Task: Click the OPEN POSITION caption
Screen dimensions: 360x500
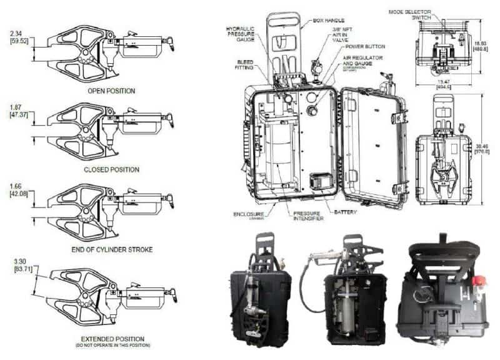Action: [111, 91]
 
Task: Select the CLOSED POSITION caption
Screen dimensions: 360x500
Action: [111, 169]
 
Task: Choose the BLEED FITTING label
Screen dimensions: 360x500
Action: [244, 66]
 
